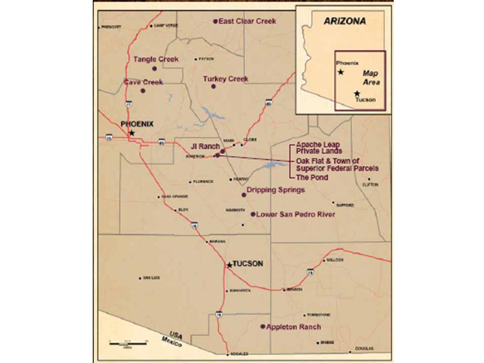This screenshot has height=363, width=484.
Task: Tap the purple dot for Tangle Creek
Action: pos(154,69)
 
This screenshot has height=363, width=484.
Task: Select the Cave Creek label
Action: pos(143,82)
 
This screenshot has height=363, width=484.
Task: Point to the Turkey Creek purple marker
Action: pos(213,87)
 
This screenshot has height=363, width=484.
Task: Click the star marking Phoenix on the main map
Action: pos(132,133)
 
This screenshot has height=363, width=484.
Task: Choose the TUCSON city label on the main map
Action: pos(248,264)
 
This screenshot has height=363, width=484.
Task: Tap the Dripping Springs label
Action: pos(276,190)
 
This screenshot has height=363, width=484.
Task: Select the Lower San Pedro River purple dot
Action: pos(253,214)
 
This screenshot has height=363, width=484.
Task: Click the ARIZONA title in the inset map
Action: pos(345,22)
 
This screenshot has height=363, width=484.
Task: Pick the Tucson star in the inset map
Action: pos(357,93)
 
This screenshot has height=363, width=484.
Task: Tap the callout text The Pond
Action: pos(312,177)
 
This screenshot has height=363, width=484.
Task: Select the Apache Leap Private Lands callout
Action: pos(319,147)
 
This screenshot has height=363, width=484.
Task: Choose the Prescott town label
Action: pos(111,26)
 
